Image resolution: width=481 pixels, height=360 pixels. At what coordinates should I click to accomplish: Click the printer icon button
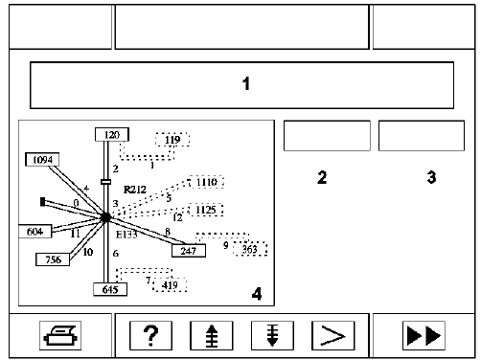60,335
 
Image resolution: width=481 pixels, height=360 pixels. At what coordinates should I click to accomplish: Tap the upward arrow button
212,335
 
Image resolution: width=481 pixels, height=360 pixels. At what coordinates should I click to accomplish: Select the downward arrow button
272,335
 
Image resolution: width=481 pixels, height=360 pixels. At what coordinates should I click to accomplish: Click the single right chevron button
333,335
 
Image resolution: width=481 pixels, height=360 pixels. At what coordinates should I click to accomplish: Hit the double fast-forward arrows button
424,335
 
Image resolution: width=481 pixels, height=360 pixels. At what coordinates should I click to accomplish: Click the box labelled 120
112,134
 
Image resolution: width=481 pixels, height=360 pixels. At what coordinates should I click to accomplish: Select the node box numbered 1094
42,159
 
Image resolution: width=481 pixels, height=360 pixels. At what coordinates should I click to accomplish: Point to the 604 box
34,232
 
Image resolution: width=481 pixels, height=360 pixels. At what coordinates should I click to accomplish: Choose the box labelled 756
53,259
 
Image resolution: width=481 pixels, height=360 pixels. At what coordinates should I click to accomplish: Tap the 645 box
110,289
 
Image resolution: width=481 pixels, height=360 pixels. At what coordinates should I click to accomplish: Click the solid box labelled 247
189,251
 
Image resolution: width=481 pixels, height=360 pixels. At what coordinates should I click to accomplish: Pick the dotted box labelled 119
172,140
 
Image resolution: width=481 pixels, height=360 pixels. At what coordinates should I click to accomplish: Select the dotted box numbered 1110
206,182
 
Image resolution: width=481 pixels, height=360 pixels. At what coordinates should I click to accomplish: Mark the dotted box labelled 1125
206,210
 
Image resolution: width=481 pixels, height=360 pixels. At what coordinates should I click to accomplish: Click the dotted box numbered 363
250,249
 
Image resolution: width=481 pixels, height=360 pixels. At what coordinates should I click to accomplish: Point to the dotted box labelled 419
170,284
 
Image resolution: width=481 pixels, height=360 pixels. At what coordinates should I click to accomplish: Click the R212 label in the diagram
135,190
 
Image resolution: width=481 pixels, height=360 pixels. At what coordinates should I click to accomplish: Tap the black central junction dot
105,217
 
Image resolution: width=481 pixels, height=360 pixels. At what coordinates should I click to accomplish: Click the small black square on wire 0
43,202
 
